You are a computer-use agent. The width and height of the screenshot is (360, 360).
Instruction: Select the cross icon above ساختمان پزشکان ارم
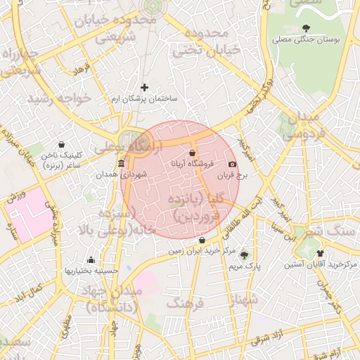coord(145,88)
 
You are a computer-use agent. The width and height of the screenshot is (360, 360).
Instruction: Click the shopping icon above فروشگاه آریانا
coord(193,153)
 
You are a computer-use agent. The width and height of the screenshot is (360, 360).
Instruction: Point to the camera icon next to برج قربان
coord(233,164)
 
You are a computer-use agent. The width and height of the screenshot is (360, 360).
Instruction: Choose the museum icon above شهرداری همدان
coord(121,163)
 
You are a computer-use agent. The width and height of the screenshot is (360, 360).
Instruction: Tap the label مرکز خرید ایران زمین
coord(202,250)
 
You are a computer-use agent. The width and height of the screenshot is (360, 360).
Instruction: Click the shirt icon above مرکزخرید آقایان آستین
coord(321,253)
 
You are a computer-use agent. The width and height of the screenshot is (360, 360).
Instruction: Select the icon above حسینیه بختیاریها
coord(91,259)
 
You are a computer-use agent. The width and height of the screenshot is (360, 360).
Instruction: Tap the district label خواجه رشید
coord(59,98)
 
